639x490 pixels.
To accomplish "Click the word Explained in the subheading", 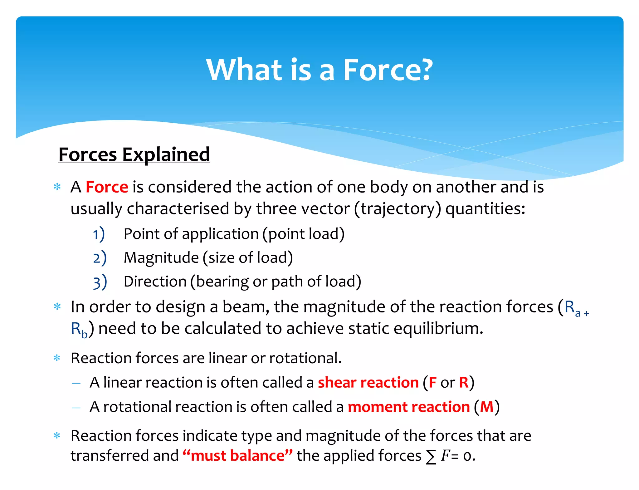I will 166,154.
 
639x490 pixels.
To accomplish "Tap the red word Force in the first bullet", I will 107,187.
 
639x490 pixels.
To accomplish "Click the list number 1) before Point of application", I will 99,234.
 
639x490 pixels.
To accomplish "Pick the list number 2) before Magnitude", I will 100,258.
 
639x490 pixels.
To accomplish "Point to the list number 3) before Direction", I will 100,282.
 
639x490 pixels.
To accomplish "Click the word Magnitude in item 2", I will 161,258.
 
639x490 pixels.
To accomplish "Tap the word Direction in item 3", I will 155,282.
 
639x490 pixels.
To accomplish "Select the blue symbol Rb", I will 79,330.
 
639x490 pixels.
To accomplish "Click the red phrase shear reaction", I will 368,383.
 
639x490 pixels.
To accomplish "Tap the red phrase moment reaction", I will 409,407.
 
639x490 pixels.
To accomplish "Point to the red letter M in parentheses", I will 487,407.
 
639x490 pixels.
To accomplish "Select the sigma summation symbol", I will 431,457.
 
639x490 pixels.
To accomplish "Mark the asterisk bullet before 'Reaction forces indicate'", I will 57,435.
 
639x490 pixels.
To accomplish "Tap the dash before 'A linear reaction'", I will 76,383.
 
